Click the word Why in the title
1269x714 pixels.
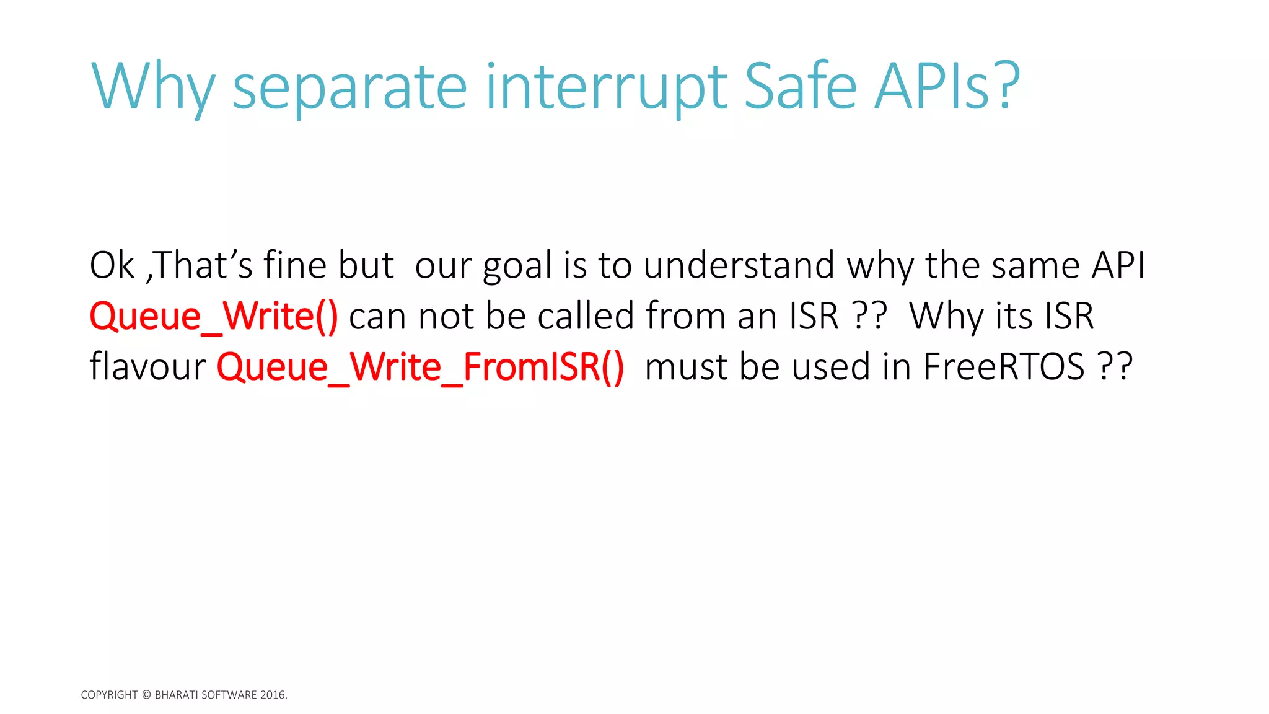tap(153, 87)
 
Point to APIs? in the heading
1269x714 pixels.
tap(947, 87)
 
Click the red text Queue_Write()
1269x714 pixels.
tap(214, 316)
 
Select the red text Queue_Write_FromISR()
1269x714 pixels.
tap(420, 367)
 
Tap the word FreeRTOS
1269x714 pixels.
tap(1004, 367)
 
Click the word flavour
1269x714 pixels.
tap(147, 367)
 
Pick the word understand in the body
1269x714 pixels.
tap(739, 265)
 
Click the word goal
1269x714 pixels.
tap(517, 267)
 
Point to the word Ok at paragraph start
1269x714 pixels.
tap(112, 265)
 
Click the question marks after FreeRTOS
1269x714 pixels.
tap(1115, 367)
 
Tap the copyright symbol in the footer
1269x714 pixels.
tap(146, 695)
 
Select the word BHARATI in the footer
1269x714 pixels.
tap(176, 695)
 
